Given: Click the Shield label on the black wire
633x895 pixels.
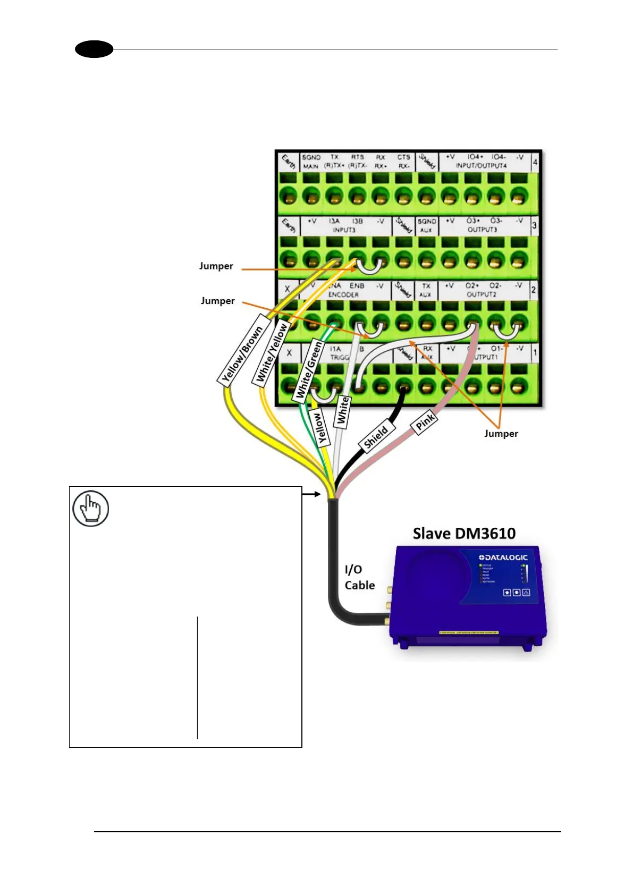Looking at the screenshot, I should coord(375,437).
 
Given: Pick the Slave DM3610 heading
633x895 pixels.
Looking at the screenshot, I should coord(464,534).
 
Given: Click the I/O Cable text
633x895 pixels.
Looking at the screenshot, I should coord(359,577).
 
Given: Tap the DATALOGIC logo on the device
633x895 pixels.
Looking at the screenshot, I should coord(503,557).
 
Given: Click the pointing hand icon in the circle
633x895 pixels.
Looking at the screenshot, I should coord(91,509).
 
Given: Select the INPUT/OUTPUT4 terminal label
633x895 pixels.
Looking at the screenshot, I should coord(481,166).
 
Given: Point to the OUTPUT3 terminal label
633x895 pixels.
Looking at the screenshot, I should coord(482,230).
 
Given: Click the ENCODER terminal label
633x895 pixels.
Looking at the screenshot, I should coord(343,294).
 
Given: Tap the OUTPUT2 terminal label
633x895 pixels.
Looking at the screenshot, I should coord(482,294).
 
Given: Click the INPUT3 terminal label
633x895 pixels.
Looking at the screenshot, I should coord(344,230).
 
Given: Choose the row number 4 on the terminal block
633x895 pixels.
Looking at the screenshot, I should coord(535,162).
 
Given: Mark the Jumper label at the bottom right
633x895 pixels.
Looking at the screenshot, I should coord(501,434).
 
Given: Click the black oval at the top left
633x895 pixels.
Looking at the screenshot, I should coord(94,49).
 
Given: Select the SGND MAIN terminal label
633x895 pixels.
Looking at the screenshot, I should coord(311,162).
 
